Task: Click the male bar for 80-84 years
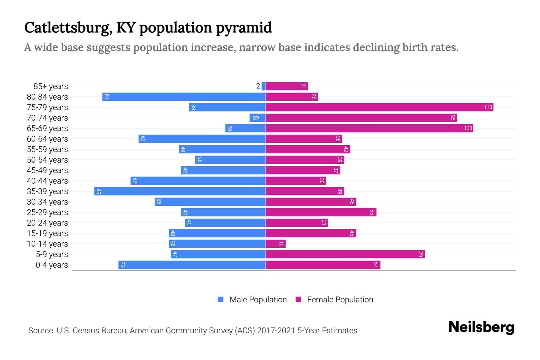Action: click(184, 97)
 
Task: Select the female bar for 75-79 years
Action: click(379, 107)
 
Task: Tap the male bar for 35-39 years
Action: click(180, 191)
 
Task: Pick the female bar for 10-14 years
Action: click(275, 244)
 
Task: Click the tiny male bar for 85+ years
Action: click(263, 86)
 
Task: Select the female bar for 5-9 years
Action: click(345, 254)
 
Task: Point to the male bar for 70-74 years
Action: click(257, 118)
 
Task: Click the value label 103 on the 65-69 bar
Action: click(468, 128)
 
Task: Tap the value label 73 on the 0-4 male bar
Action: click(122, 265)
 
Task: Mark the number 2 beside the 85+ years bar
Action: click(258, 86)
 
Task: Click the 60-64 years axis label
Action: click(47, 139)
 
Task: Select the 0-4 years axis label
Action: click(52, 265)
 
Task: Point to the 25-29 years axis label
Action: click(47, 212)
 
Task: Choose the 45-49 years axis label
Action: click(47, 170)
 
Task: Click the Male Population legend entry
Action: click(258, 299)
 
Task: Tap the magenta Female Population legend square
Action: click(298, 299)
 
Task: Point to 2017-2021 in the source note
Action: click(276, 331)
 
